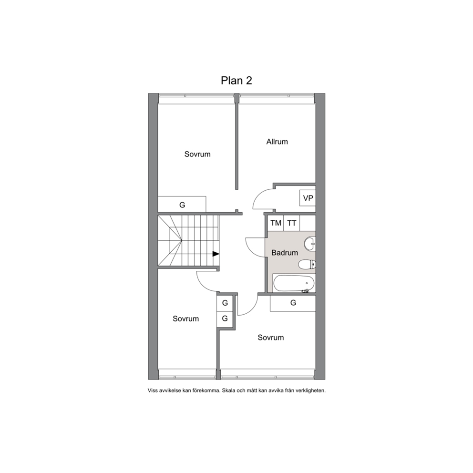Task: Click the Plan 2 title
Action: (x=236, y=81)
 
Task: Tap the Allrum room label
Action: (x=277, y=142)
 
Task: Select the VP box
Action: (x=308, y=198)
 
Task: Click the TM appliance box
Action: (x=276, y=223)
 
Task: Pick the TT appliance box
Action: (x=292, y=223)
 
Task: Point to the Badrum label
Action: (x=285, y=253)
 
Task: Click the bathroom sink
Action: (x=310, y=244)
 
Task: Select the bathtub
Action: (x=294, y=283)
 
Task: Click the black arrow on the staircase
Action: (x=216, y=254)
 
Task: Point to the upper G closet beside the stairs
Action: (x=182, y=205)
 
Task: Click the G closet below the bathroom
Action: (x=293, y=303)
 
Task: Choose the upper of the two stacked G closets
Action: (x=225, y=303)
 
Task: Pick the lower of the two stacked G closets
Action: (x=225, y=319)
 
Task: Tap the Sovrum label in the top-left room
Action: (x=197, y=154)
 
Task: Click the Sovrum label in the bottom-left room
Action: (x=185, y=319)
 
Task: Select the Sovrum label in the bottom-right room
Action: (x=270, y=337)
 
